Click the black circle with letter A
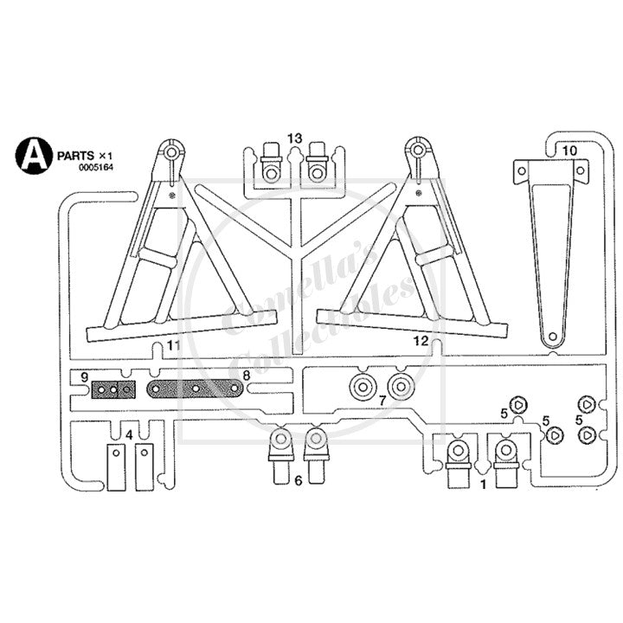click(x=34, y=156)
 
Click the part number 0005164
click(x=96, y=168)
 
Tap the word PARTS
click(x=76, y=156)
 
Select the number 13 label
click(x=295, y=138)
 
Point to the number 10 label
click(x=569, y=151)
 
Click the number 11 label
click(x=174, y=345)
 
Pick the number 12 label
click(x=421, y=341)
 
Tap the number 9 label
click(x=84, y=376)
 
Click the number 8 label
click(x=247, y=375)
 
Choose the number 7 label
click(x=382, y=401)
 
